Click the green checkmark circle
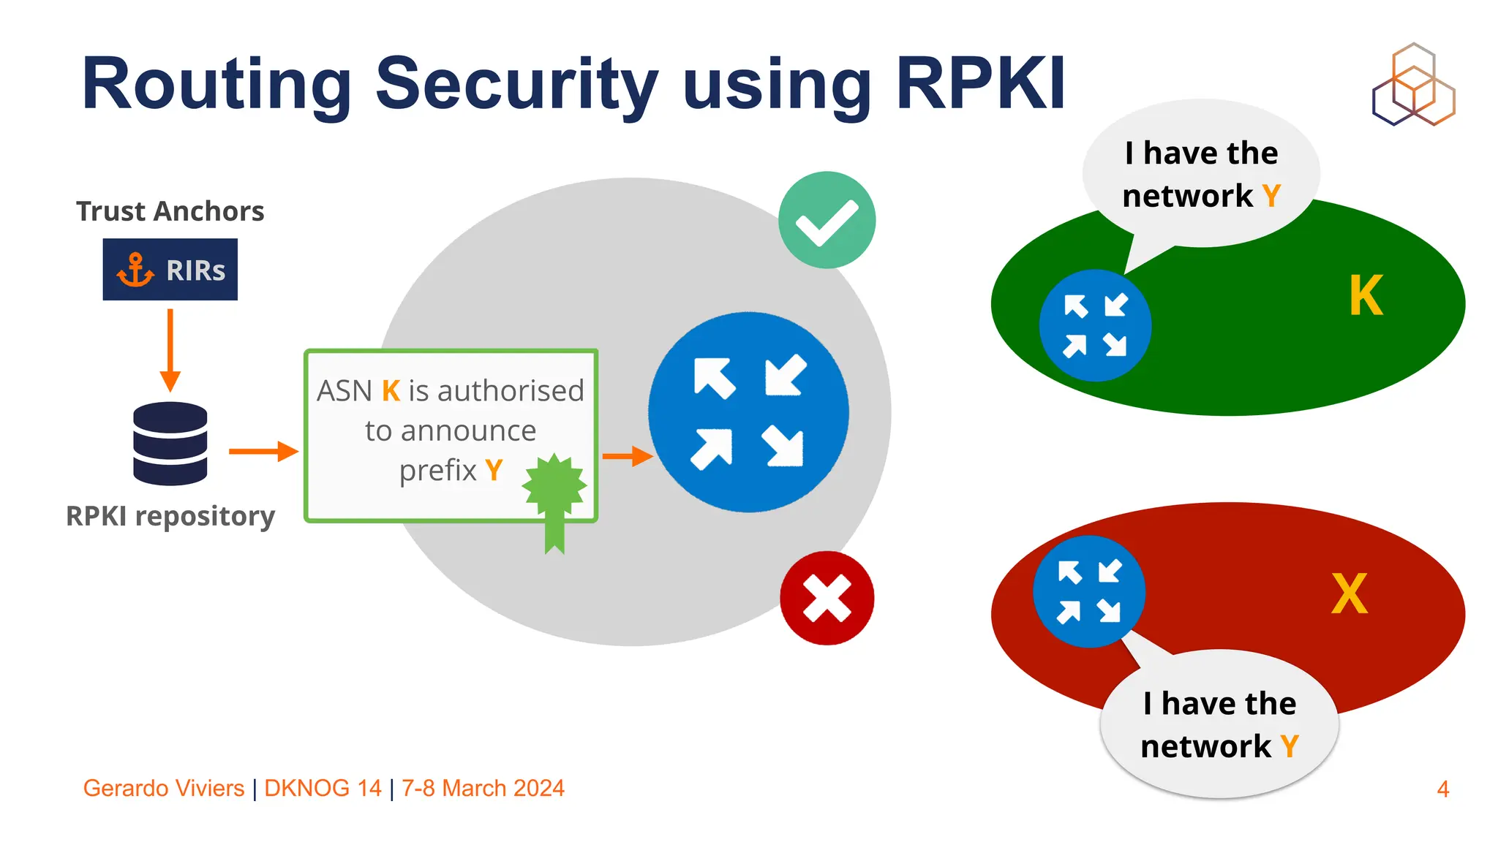[827, 220]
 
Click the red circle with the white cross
[827, 598]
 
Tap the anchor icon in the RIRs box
[135, 270]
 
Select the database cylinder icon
[170, 444]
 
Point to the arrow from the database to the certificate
[263, 452]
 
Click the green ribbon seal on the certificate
[554, 497]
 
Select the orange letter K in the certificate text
[391, 391]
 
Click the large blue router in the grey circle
[748, 412]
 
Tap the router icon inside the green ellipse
[1095, 325]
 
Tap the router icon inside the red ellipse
[1089, 591]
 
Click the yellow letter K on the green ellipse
[1366, 296]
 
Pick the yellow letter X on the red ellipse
[1349, 594]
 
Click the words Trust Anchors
[170, 211]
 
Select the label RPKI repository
[170, 516]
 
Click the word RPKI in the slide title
[980, 83]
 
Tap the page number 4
[1442, 789]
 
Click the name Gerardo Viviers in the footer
[164, 788]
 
